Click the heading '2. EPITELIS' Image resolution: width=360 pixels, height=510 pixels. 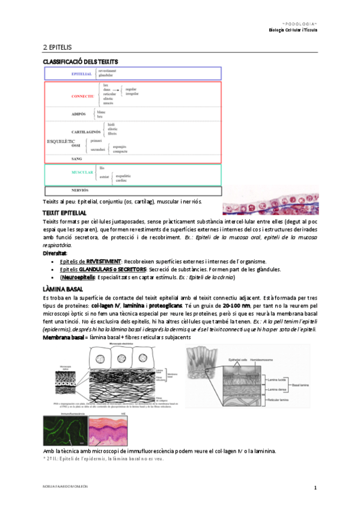pyautogui.click(x=58, y=46)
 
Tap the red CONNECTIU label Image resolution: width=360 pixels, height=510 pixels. pyautogui.click(x=82, y=96)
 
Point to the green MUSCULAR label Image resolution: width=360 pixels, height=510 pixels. pyautogui.click(x=82, y=172)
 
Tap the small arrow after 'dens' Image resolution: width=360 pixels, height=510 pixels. pyautogui.click(x=115, y=90)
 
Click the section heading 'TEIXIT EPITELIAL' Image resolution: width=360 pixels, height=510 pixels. pyautogui.click(x=64, y=214)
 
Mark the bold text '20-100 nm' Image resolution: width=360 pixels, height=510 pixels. pyautogui.click(x=236, y=306)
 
